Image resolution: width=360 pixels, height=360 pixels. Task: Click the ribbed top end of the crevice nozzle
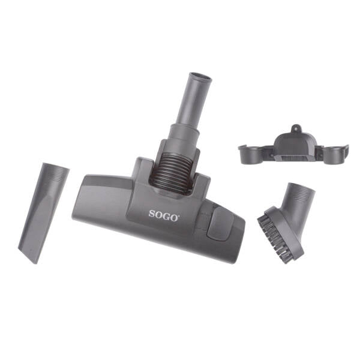pyautogui.click(x=55, y=171)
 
